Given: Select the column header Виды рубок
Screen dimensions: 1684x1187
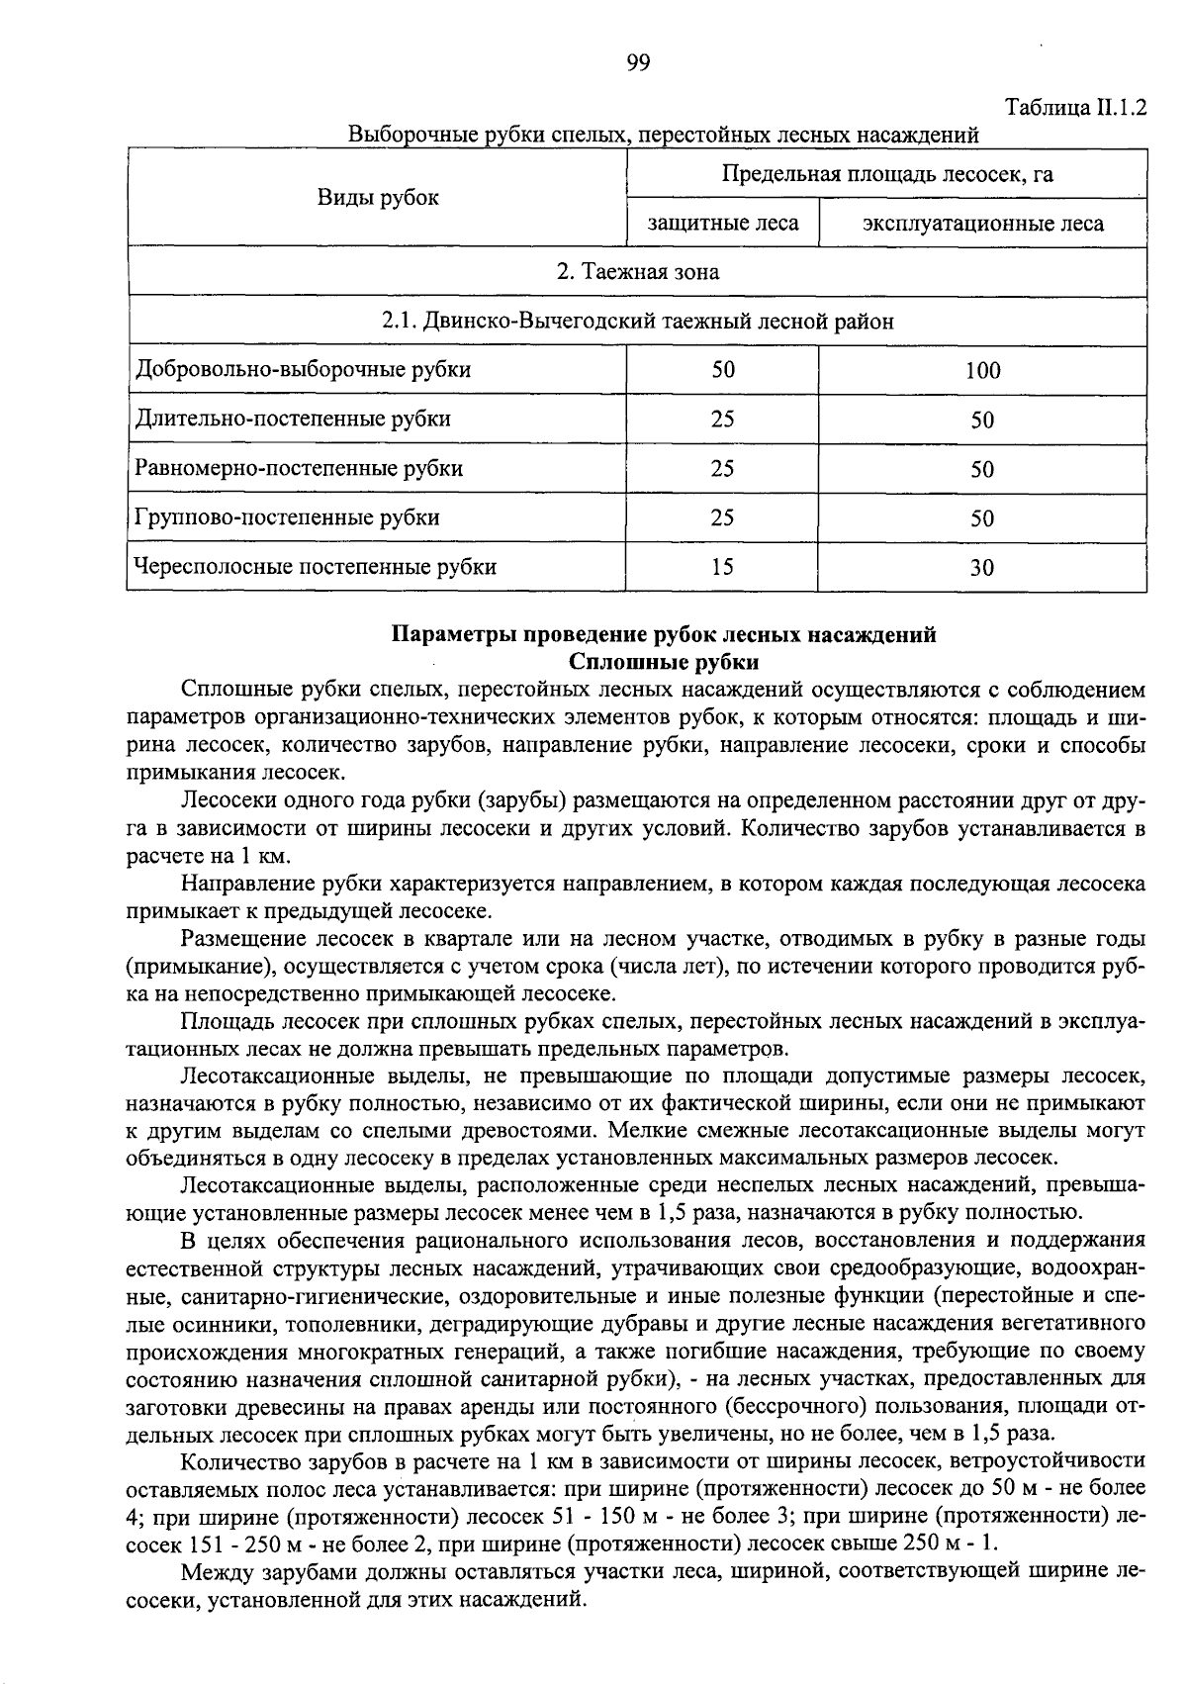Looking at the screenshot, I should click(377, 198).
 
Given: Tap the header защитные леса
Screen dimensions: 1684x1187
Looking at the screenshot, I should click(722, 224).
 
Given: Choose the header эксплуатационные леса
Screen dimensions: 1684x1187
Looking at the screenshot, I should click(982, 224).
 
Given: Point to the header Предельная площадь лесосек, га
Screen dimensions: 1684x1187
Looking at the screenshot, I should click(886, 175).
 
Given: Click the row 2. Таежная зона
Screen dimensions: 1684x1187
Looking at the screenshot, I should click(637, 272).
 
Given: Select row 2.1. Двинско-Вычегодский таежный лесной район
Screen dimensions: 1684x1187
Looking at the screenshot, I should click(637, 322).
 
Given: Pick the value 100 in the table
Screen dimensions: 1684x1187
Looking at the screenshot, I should click(982, 371).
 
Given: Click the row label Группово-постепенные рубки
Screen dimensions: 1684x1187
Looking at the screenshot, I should click(288, 517).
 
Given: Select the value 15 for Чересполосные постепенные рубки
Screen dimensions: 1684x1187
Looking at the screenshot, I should click(722, 567).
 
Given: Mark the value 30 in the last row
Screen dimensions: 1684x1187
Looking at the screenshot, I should click(982, 568).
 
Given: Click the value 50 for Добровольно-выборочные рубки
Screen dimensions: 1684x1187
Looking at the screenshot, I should click(722, 370).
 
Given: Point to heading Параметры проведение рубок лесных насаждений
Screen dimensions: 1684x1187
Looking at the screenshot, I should click(664, 636).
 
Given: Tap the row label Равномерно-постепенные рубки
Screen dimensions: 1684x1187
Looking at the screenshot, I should click(299, 468).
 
